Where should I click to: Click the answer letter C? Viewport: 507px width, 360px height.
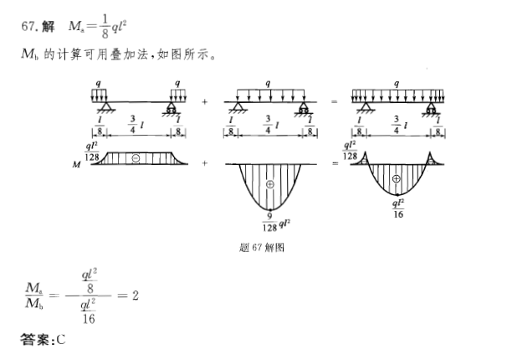pyautogui.click(x=61, y=340)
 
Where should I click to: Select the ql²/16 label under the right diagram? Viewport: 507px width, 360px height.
pyautogui.click(x=399, y=206)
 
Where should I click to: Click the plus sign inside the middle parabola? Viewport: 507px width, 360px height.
pyautogui.click(x=269, y=183)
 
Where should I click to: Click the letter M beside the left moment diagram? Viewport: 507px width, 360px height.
pyautogui.click(x=76, y=166)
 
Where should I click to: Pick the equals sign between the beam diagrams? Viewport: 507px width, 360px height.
pyautogui.click(x=335, y=101)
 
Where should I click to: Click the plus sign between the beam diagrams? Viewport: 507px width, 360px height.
pyautogui.click(x=205, y=101)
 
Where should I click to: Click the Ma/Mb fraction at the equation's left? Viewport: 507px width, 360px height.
pyautogui.click(x=34, y=296)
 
